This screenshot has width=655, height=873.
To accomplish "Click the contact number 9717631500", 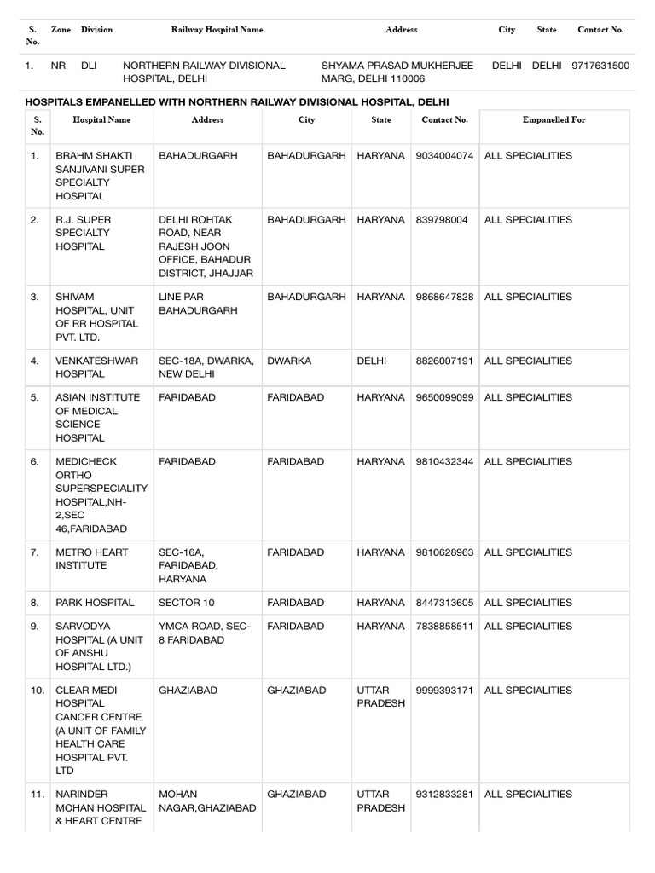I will point(600,66).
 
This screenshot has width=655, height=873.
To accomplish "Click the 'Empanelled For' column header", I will point(554,120).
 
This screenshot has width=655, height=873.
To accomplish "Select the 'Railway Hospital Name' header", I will point(217,30).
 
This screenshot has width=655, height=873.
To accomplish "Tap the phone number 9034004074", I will point(444,156).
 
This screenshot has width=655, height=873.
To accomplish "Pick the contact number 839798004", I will point(442,220).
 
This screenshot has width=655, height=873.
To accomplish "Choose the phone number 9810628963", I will point(444,552).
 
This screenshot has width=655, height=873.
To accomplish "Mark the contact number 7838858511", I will point(444,627).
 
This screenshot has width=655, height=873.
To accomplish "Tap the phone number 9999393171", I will point(444,690).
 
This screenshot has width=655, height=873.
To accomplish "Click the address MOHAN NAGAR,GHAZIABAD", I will point(207,801).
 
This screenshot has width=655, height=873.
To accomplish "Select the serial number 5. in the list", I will point(35,397).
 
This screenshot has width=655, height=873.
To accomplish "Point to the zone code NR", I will point(58,66).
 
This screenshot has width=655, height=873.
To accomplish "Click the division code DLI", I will point(90,66).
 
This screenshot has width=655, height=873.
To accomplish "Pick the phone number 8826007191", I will point(444,361).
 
